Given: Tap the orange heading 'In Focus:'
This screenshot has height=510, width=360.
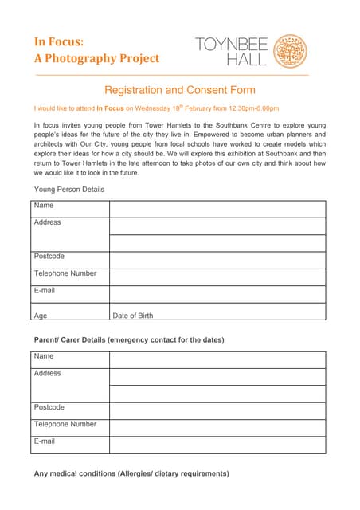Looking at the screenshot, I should (x=59, y=41).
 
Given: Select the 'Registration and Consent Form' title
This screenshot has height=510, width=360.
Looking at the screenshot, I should (x=180, y=90).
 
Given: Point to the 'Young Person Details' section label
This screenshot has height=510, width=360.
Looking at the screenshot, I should (x=69, y=189).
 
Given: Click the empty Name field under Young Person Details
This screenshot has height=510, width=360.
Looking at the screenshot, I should (x=217, y=209).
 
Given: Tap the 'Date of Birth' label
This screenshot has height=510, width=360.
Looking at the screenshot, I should (x=133, y=316).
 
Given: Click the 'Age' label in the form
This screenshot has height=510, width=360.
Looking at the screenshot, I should (x=41, y=316).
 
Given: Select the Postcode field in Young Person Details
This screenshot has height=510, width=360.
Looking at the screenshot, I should (x=217, y=260).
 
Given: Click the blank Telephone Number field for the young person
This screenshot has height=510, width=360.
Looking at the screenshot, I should (x=217, y=277).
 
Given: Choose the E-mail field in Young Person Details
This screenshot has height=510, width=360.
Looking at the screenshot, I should (x=217, y=293).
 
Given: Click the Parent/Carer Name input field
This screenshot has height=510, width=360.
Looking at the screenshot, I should (x=217, y=359).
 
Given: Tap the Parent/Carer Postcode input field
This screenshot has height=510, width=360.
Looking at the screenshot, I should (x=217, y=410).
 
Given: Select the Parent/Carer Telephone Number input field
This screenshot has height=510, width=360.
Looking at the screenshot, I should (x=217, y=427).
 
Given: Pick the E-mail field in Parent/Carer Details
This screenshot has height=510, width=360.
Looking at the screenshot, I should (x=217, y=445).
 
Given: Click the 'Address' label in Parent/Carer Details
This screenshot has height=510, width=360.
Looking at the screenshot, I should (x=48, y=373).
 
